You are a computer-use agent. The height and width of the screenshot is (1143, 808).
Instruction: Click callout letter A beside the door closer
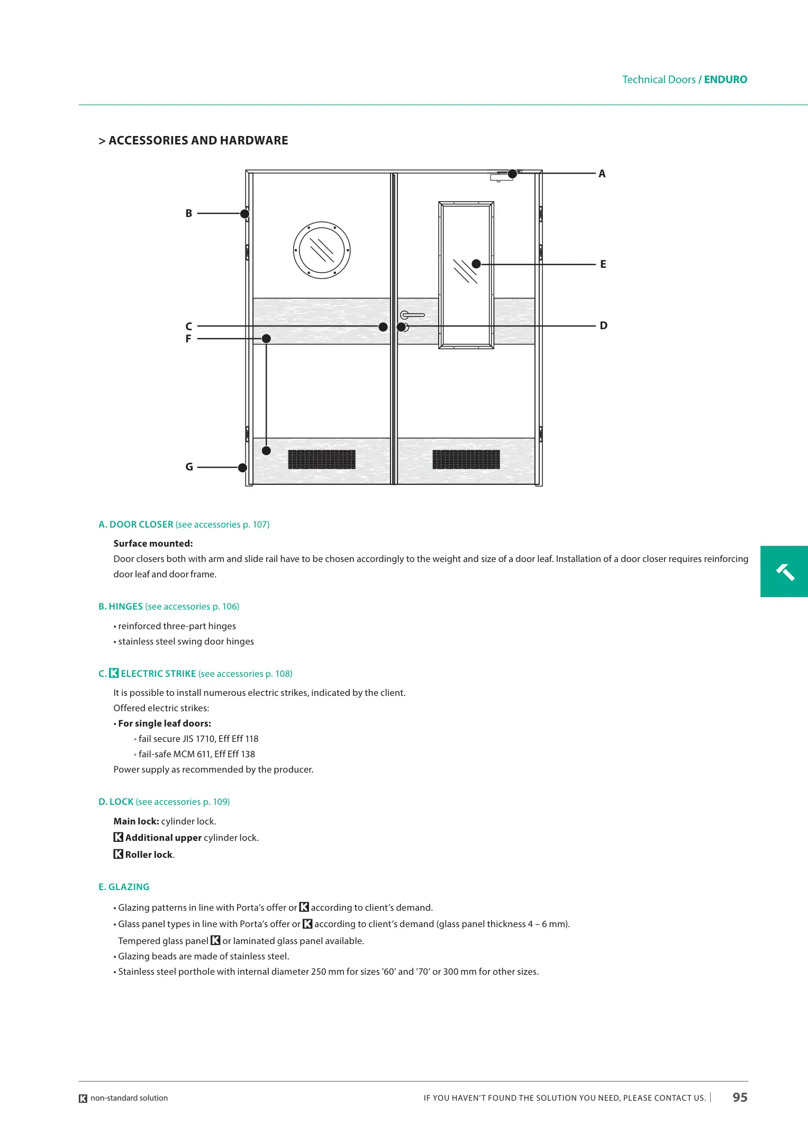(602, 174)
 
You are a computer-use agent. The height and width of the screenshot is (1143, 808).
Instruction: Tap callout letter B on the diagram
(189, 213)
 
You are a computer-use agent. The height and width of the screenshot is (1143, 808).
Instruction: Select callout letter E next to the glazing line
(603, 264)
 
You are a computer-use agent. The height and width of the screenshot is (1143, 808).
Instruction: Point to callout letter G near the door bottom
(189, 467)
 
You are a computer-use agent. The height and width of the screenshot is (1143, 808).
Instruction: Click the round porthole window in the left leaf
(322, 250)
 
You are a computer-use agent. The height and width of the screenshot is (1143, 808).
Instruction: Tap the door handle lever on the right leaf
(412, 315)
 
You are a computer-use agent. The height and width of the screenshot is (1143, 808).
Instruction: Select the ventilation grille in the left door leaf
(322, 459)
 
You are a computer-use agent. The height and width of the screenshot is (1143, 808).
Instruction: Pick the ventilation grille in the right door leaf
(466, 459)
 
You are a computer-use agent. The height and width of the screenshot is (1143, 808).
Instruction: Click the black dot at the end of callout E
(476, 264)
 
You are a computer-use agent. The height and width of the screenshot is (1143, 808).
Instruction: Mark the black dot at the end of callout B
(244, 214)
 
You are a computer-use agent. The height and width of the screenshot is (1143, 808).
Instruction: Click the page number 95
(740, 1097)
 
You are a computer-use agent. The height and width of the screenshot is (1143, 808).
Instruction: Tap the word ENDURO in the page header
(725, 79)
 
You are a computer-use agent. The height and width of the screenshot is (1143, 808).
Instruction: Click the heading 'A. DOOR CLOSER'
(137, 524)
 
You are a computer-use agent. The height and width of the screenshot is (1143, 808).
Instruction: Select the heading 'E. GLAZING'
(124, 887)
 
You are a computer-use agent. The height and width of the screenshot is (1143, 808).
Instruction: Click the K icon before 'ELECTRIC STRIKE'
(114, 673)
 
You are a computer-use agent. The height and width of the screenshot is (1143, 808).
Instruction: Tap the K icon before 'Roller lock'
(119, 854)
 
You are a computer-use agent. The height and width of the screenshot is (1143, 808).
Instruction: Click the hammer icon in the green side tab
(785, 571)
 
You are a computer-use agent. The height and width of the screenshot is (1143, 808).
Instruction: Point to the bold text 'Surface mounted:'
(153, 543)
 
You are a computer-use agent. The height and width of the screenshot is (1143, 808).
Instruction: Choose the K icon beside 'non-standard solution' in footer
(83, 1099)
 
